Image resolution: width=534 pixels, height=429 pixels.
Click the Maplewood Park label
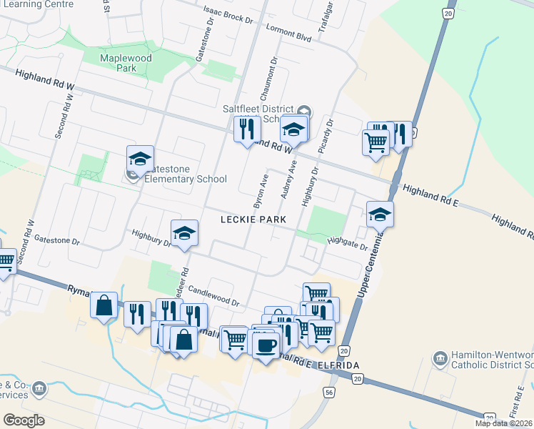118,62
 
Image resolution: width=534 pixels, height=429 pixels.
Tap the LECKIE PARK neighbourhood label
253,220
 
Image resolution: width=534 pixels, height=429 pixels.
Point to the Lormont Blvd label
288,33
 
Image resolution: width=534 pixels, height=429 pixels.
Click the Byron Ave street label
261,189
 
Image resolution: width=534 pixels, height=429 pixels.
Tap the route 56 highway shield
329,393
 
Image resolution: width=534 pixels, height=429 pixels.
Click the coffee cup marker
266,345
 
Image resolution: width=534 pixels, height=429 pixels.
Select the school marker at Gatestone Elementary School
141,158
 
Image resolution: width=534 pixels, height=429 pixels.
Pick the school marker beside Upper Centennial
381,213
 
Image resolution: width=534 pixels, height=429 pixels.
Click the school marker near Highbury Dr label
184,232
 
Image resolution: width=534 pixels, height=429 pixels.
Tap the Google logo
24,420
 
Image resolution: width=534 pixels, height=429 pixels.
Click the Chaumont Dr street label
271,80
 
